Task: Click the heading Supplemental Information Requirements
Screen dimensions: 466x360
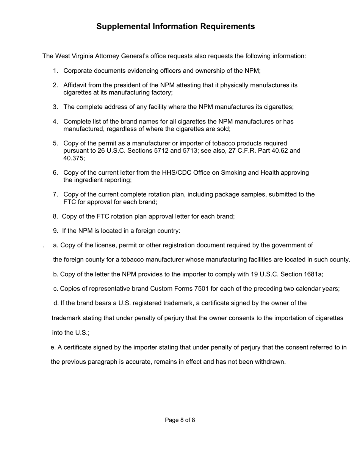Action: [x=175, y=27]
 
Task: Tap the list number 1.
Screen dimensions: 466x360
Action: [x=55, y=71]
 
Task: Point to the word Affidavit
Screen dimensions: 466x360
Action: [x=76, y=85]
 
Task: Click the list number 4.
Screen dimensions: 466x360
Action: [x=55, y=122]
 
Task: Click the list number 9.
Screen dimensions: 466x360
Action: [x=55, y=231]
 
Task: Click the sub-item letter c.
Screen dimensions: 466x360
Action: [x=55, y=289]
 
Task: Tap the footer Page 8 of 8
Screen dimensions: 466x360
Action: [x=180, y=420]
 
